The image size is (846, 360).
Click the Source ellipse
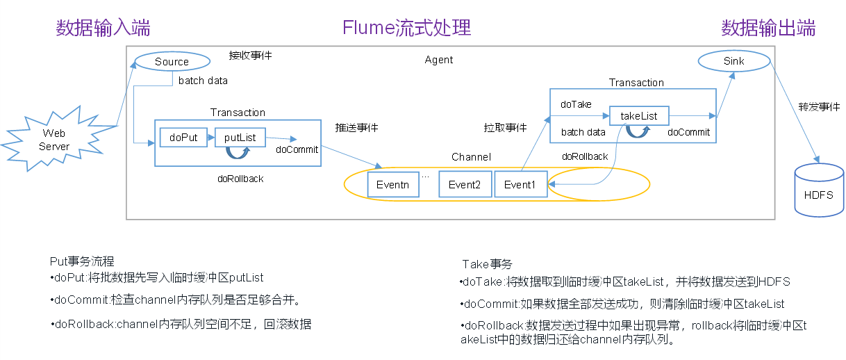click(172, 61)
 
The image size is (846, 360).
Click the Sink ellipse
click(733, 61)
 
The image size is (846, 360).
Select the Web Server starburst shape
click(54, 140)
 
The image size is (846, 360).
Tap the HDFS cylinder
click(818, 195)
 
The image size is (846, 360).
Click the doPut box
click(183, 138)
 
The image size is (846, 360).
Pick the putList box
click(240, 138)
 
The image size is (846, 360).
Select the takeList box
click(638, 115)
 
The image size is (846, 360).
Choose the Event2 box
click(465, 185)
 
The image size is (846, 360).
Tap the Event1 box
click(520, 185)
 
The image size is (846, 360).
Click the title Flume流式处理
click(406, 28)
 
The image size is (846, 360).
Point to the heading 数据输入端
click(103, 28)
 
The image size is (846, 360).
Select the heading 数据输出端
click(768, 28)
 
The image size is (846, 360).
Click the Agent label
click(439, 60)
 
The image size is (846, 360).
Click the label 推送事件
click(356, 128)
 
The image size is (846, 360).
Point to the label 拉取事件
click(505, 128)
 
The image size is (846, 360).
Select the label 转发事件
click(819, 107)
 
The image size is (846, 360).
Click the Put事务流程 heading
click(81, 262)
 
